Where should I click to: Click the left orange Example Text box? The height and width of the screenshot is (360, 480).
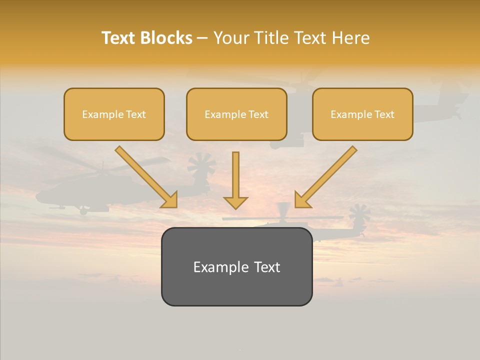pyautogui.click(x=114, y=114)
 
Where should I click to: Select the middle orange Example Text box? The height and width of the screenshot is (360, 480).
pyautogui.click(x=236, y=114)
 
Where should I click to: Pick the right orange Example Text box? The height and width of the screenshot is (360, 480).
pyautogui.click(x=362, y=114)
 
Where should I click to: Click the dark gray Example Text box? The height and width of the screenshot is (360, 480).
pyautogui.click(x=236, y=267)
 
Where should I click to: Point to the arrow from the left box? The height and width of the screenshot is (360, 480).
pyautogui.click(x=145, y=176)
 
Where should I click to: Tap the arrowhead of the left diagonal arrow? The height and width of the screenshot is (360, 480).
pyautogui.click(x=170, y=200)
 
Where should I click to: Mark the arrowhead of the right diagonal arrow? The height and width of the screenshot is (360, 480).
pyautogui.click(x=302, y=200)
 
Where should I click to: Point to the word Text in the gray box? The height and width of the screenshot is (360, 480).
pyautogui.click(x=266, y=267)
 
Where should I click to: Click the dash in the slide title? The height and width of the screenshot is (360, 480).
pyautogui.click(x=203, y=38)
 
